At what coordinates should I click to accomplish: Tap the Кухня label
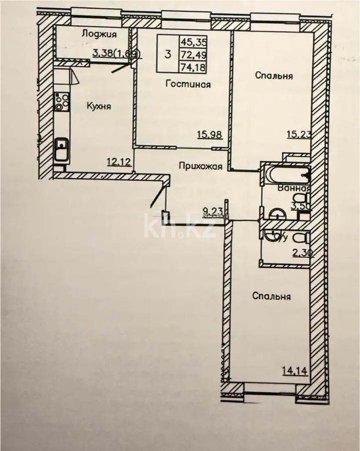click(99, 106)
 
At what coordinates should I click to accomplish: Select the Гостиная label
click(188, 84)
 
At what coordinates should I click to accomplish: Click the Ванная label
click(295, 189)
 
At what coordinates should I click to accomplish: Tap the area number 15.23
click(298, 134)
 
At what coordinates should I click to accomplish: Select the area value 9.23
click(214, 211)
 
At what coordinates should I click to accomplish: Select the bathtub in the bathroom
click(285, 175)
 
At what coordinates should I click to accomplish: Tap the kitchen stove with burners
click(62, 101)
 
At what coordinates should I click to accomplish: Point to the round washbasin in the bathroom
click(277, 214)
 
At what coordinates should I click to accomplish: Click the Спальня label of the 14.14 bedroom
click(272, 296)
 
